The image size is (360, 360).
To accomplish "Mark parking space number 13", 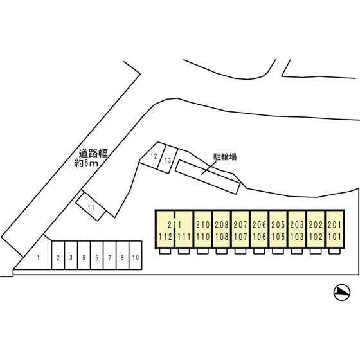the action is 168,160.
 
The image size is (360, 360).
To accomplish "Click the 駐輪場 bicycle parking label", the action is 225,157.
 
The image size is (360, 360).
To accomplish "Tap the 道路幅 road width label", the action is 93,153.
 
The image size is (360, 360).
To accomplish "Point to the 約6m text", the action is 86,163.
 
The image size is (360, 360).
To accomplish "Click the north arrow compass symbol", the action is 342,292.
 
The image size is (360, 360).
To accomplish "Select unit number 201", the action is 334,225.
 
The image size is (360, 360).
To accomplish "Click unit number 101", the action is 334,237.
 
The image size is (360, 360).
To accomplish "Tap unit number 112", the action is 165,237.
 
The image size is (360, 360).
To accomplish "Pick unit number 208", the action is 222,225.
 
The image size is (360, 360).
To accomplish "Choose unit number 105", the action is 278,237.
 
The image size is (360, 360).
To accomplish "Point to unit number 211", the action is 175,225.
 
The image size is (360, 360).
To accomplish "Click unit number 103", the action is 297,237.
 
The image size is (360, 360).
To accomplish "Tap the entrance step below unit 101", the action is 334,251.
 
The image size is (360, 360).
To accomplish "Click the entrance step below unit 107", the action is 240,251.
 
